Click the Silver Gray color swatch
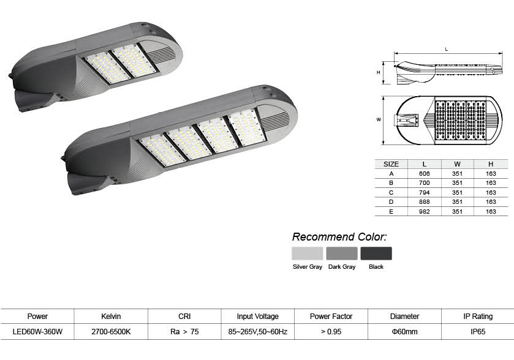[307, 253]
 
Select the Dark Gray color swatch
[342, 253]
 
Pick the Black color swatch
[376, 253]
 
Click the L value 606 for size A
[424, 174]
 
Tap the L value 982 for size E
[424, 212]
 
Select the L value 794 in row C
[424, 193]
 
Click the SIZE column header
[391, 164]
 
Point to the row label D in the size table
[391, 202]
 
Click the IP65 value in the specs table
[478, 331]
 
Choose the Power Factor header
[331, 317]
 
